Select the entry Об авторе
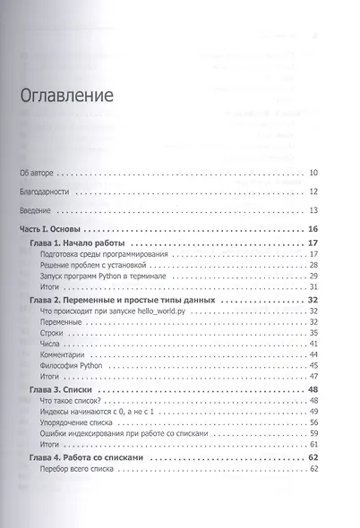38,173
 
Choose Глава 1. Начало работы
80,243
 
